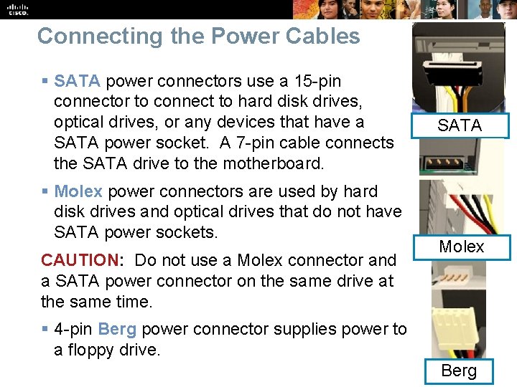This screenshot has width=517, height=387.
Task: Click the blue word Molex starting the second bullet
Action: pyautogui.click(x=78, y=191)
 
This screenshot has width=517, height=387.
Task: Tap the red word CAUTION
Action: pyautogui.click(x=79, y=260)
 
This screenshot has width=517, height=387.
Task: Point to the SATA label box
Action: pyautogui.click(x=460, y=125)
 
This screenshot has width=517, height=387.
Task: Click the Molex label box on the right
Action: pyautogui.click(x=461, y=247)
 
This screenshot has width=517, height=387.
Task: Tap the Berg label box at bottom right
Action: pyautogui.click(x=459, y=371)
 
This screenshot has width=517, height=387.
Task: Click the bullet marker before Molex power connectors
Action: pyautogui.click(x=45, y=192)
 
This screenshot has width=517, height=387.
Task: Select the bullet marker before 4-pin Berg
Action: pyautogui.click(x=45, y=330)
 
